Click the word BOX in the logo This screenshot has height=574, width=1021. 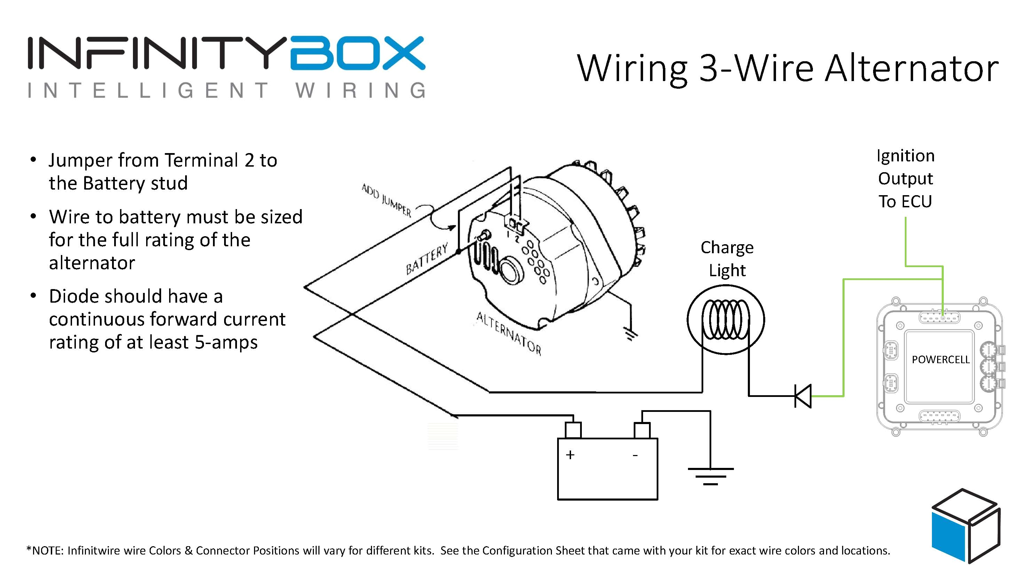pyautogui.click(x=357, y=54)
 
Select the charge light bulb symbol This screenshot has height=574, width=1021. pyautogui.click(x=725, y=320)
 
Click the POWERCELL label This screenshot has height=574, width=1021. pyautogui.click(x=940, y=360)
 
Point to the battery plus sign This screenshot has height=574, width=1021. pyautogui.click(x=570, y=455)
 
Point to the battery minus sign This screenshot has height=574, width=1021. pyautogui.click(x=635, y=456)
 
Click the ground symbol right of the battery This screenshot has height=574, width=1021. pyautogui.click(x=710, y=475)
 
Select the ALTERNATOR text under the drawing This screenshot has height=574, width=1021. pyautogui.click(x=508, y=333)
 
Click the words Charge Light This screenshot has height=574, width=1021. pyautogui.click(x=727, y=259)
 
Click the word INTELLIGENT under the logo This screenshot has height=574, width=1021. pyautogui.click(x=148, y=91)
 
